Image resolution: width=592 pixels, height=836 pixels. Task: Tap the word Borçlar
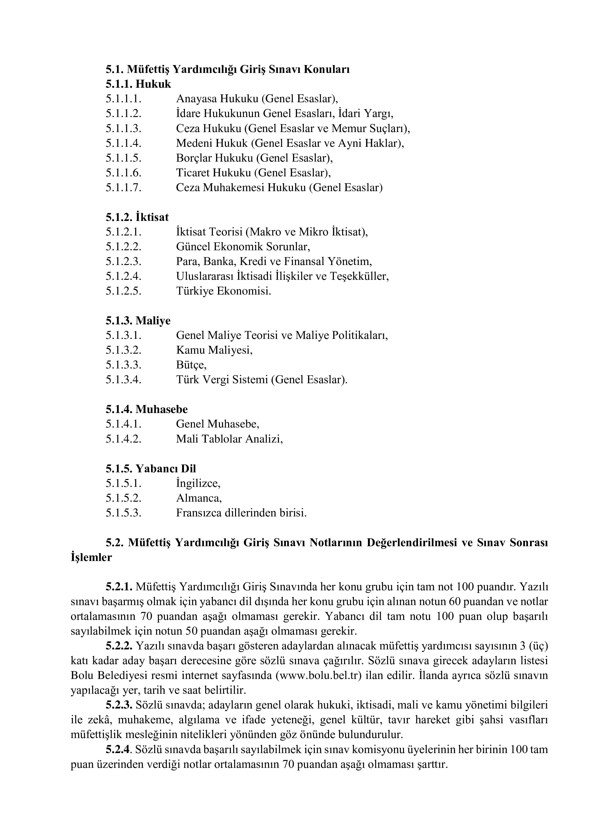click(x=194, y=158)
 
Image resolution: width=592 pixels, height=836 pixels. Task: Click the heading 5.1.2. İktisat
click(x=137, y=217)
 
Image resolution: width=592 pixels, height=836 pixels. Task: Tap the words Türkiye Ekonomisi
click(x=223, y=291)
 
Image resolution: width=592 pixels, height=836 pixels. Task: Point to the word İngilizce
click(x=198, y=484)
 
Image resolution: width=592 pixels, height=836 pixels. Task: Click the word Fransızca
click(x=199, y=513)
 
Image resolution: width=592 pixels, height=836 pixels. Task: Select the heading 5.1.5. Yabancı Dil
click(x=151, y=469)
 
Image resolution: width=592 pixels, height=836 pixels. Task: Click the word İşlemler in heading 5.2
click(x=91, y=557)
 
